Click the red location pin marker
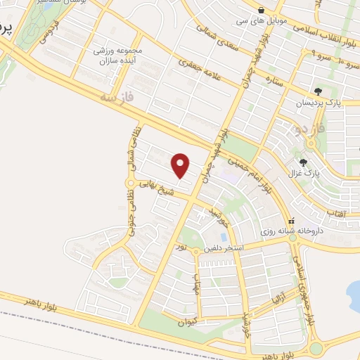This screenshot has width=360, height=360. pyautogui.click(x=181, y=165)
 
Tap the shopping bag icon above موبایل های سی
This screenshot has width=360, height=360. pyautogui.click(x=262, y=10)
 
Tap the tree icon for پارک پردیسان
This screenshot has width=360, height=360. pyautogui.click(x=319, y=91)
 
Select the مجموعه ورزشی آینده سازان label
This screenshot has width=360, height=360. pyautogui.click(x=118, y=57)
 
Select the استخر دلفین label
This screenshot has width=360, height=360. pyautogui.click(x=224, y=248)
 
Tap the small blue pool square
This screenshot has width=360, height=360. pyautogui.click(x=205, y=237)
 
